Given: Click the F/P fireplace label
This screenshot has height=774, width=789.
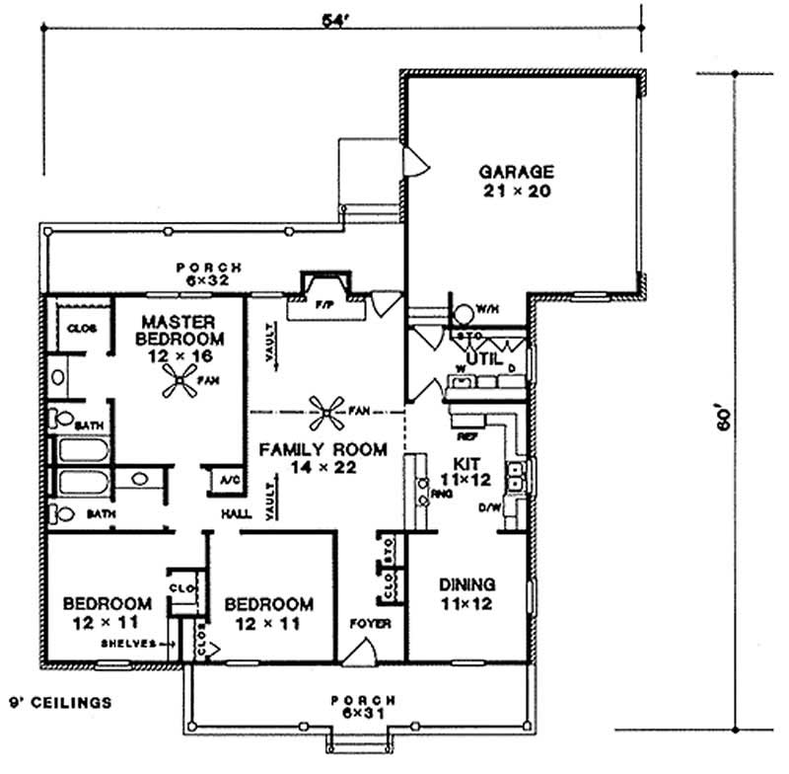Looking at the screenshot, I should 323,305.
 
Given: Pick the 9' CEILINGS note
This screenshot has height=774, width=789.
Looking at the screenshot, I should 59,703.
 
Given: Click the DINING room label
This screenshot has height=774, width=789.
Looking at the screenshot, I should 466,584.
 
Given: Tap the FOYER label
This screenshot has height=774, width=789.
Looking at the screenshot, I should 370,624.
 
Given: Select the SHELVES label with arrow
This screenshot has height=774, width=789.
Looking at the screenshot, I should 129,643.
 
